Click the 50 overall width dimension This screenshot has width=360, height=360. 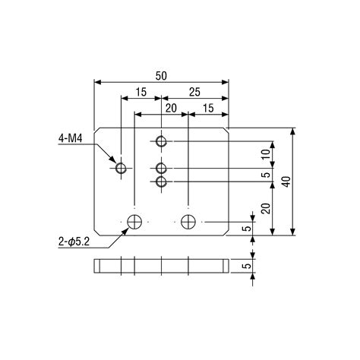pyautogui.click(x=161, y=76)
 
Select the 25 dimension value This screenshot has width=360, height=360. pyautogui.click(x=194, y=92)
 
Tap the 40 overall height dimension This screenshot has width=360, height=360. pyautogui.click(x=286, y=182)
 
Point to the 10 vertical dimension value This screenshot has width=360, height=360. pyautogui.click(x=266, y=154)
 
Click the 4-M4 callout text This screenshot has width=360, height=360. pyautogui.click(x=71, y=138)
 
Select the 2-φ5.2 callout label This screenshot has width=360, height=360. pyautogui.click(x=74, y=242)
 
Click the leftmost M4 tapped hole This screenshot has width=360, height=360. pyautogui.click(x=121, y=168)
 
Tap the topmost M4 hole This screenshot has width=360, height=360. pyautogui.click(x=161, y=141)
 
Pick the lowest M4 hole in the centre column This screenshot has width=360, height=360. pyautogui.click(x=161, y=182)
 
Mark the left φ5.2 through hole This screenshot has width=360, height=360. pyautogui.click(x=134, y=222)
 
